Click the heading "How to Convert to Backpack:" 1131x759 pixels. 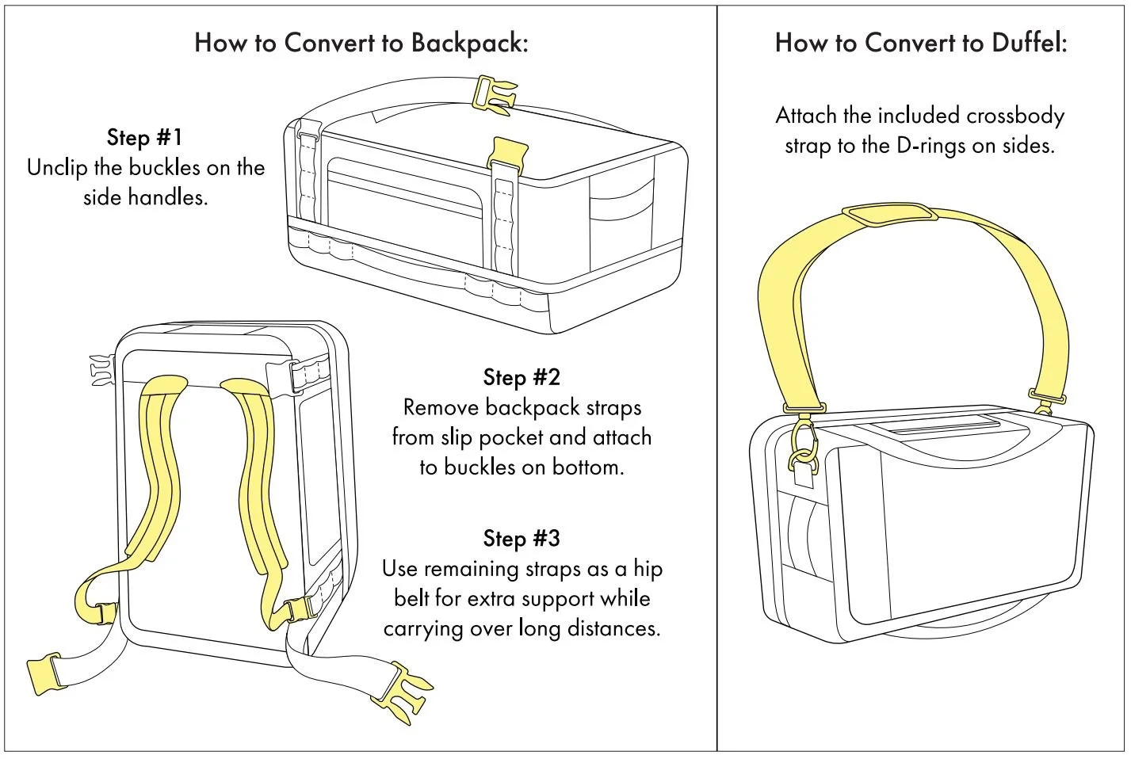[x=361, y=43]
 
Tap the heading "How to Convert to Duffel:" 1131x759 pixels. [x=921, y=43]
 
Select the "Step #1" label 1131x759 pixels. [x=145, y=137]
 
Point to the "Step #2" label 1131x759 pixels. [x=522, y=377]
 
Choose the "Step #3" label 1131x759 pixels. [x=522, y=539]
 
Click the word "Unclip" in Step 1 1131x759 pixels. [x=57, y=168]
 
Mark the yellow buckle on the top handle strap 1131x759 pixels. [x=493, y=92]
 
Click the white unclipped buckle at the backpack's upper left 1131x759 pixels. [x=101, y=371]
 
